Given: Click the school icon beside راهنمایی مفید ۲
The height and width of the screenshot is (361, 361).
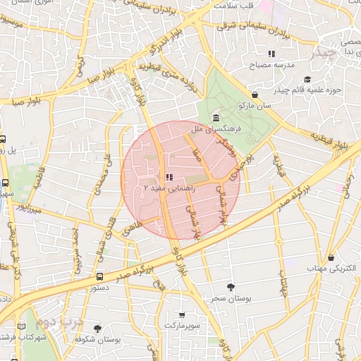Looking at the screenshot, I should pyautogui.click(x=168, y=177).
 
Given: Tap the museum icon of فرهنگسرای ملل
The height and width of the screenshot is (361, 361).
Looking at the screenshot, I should pyautogui.click(x=214, y=118).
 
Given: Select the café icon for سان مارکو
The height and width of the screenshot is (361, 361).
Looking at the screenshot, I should pyautogui.click(x=254, y=94).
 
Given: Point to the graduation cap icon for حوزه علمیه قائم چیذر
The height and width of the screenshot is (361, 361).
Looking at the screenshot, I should pyautogui.click(x=307, y=79).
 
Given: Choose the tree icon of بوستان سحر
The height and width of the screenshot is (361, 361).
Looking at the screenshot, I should pyautogui.click(x=231, y=287).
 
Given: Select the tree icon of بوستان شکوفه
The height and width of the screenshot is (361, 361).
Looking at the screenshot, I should pyautogui.click(x=97, y=328).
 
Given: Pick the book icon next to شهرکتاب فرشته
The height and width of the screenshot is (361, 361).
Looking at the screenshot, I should pyautogui.click(x=21, y=326).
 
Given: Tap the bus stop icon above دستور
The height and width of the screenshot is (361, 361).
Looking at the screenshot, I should pyautogui.click(x=100, y=277).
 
